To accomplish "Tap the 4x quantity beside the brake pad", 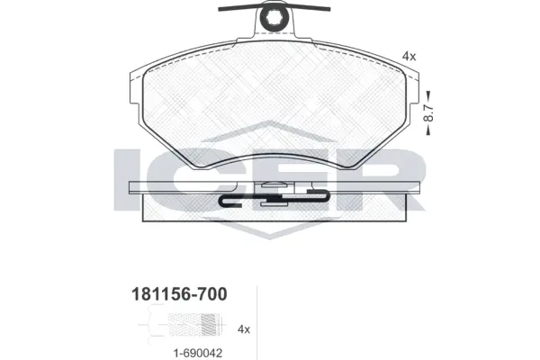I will coord(409,56).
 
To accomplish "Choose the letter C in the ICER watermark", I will coord(200,180).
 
